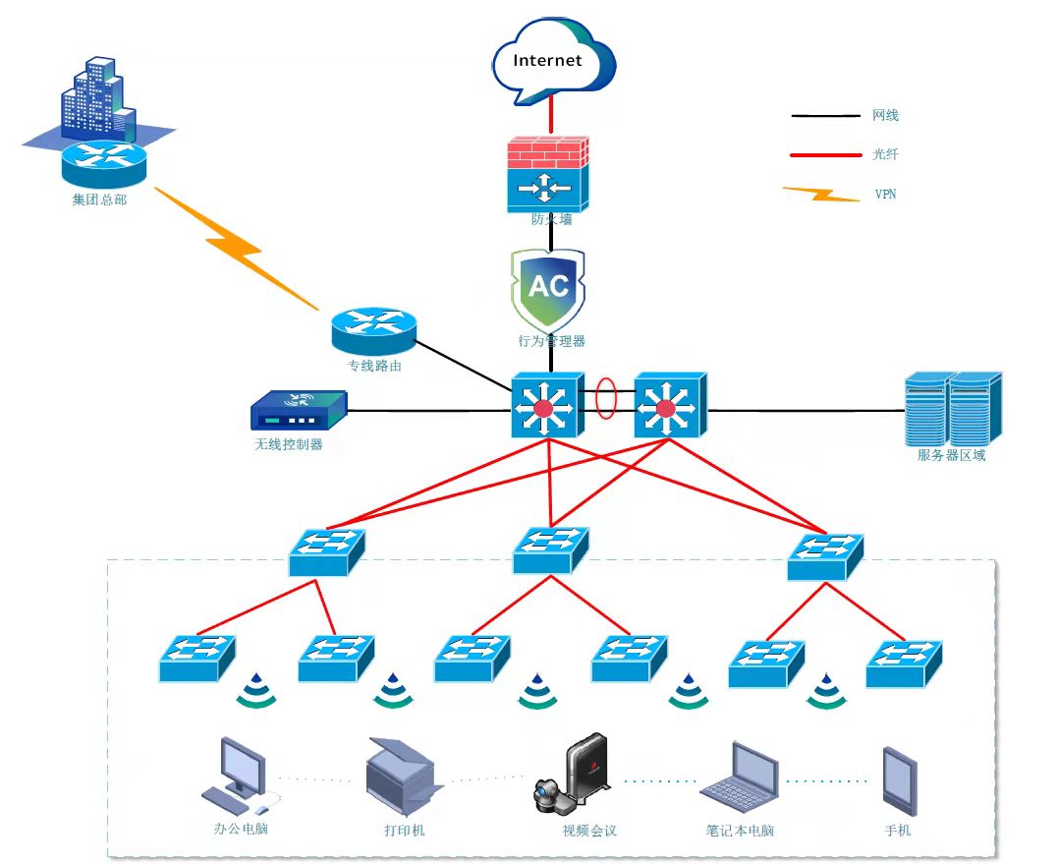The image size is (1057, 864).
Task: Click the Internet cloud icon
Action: pyautogui.click(x=553, y=61)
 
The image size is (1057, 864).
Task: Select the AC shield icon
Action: pyautogui.click(x=548, y=289)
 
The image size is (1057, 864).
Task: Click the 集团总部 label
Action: pyautogui.click(x=99, y=200)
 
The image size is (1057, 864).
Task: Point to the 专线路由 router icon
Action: pyautogui.click(x=373, y=328)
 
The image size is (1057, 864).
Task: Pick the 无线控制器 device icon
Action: pyautogui.click(x=300, y=411)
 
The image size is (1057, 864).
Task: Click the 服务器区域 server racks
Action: pyautogui.click(x=952, y=408)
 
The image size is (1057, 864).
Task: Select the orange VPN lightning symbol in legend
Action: pyautogui.click(x=822, y=194)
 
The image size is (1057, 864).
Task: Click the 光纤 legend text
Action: pyautogui.click(x=885, y=154)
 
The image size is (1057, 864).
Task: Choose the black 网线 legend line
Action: pyautogui.click(x=824, y=116)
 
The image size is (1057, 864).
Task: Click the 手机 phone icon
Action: pyautogui.click(x=899, y=781)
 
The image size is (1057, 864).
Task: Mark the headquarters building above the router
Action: pyautogui.click(x=97, y=98)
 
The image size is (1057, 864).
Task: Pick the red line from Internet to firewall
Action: pyautogui.click(x=550, y=116)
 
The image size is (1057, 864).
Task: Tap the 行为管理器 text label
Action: pyautogui.click(x=552, y=341)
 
